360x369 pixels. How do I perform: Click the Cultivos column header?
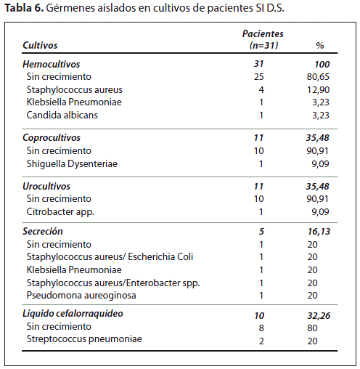click(x=40, y=45)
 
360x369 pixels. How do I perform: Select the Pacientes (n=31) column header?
click(x=263, y=39)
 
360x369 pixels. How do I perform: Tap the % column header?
click(x=320, y=46)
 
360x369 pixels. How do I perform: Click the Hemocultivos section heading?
click(x=51, y=64)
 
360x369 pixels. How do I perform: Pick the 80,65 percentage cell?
click(x=318, y=77)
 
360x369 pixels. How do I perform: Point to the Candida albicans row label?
click(x=62, y=115)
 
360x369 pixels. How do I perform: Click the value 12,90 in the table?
click(x=318, y=90)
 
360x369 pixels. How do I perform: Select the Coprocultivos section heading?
click(x=52, y=138)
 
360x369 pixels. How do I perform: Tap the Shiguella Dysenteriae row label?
click(x=72, y=164)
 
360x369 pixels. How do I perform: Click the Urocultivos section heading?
click(x=46, y=187)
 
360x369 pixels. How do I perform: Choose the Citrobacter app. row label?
click(x=60, y=212)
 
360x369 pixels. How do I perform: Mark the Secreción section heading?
click(x=43, y=231)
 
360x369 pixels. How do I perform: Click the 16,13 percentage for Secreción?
click(x=319, y=232)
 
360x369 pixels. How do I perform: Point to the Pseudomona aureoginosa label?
click(x=81, y=296)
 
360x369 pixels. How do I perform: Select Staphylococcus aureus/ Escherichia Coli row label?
click(x=110, y=257)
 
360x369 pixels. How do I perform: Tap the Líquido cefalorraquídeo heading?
click(x=73, y=314)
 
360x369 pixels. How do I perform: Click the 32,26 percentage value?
click(x=319, y=316)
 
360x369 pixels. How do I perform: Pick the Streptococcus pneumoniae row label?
click(x=84, y=339)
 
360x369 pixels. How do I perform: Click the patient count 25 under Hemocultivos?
click(x=258, y=77)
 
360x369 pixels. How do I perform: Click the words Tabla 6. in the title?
click(x=24, y=8)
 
